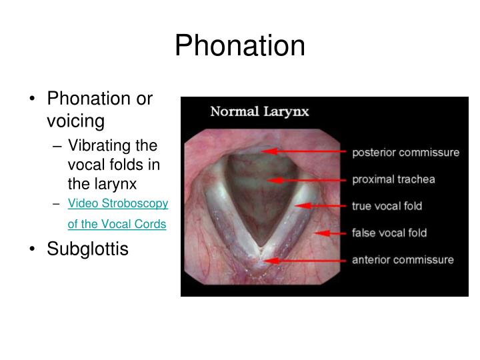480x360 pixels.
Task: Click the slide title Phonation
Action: coord(240,45)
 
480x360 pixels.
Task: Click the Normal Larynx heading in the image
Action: coord(259,111)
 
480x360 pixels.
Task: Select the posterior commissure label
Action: coord(405,152)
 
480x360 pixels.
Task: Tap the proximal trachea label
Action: coord(393,179)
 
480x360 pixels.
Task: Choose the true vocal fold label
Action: coord(387,206)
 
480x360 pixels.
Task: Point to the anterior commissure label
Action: coord(403,259)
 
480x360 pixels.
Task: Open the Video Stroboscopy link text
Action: coord(118,203)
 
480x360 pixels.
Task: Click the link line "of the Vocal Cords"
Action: coord(117,224)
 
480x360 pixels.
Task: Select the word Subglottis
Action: coord(87,249)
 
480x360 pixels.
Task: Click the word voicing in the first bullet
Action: coord(76,121)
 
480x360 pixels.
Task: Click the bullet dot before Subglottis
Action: coord(33,249)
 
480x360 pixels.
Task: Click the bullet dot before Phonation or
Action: coord(33,99)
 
